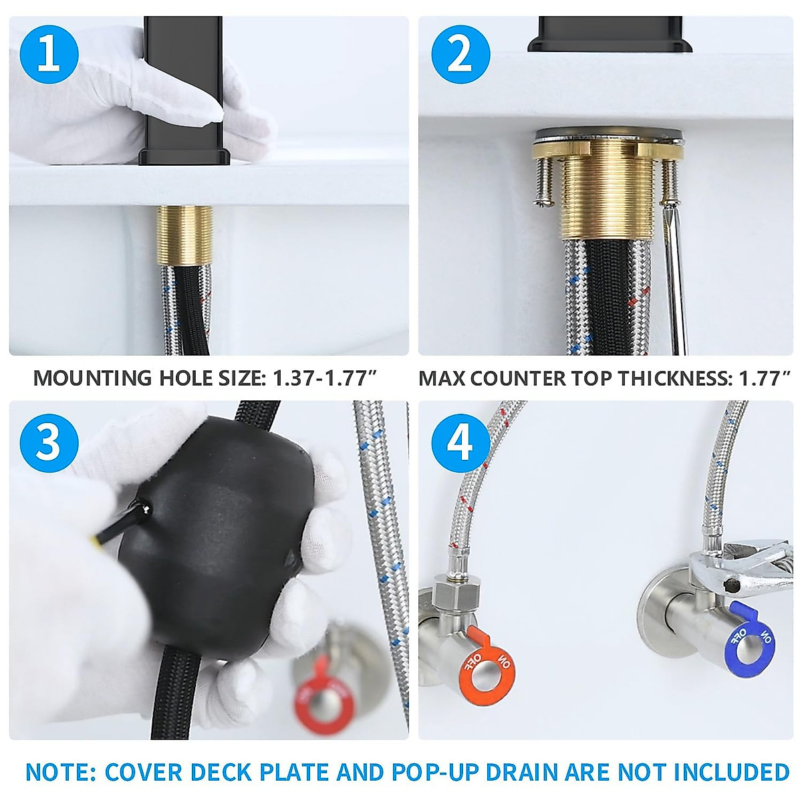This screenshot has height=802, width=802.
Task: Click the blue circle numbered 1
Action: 49,53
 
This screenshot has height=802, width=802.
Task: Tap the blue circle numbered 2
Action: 460,53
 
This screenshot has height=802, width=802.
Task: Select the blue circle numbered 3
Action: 49,440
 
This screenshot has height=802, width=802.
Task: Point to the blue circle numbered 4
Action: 460,440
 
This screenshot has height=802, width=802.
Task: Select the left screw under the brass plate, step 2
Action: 545,180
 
